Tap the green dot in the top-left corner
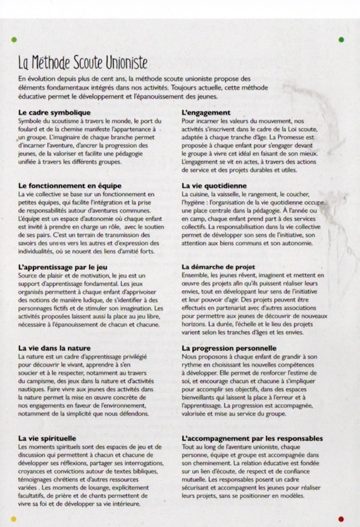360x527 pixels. [x=14, y=40]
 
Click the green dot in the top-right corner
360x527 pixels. [x=341, y=40]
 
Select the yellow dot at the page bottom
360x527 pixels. [x=13, y=519]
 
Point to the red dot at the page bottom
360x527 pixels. [x=341, y=519]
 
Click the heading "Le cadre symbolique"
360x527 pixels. [x=54, y=113]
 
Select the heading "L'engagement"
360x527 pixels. [x=206, y=113]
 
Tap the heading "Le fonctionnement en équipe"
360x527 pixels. [x=70, y=186]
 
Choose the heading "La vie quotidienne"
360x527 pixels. [x=214, y=186]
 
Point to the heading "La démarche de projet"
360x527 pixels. [x=218, y=267]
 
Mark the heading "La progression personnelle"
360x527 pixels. [x=229, y=348]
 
